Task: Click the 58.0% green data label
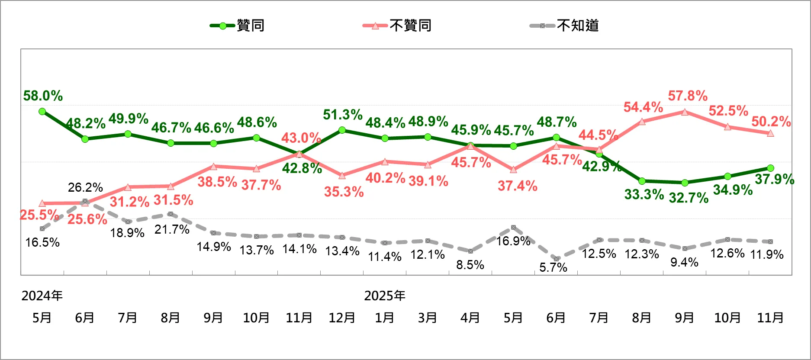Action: coord(43,96)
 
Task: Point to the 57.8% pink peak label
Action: coord(687,96)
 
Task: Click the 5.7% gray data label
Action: coord(553,267)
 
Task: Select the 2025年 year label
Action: coord(384,296)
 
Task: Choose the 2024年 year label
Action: coord(42,296)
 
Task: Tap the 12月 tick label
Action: coord(342,318)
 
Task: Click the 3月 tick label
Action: coord(427,318)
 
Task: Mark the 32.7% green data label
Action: coord(689,198)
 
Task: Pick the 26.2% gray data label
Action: coord(85,187)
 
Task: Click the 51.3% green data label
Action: coord(342,115)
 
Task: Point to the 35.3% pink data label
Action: coord(344,192)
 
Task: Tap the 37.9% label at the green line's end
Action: coord(774,179)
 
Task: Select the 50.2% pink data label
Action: coord(771,122)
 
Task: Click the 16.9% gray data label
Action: coord(513,241)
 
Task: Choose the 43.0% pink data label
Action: coord(301,138)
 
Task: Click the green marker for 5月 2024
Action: coord(42,112)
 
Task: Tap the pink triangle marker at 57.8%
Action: coord(685,112)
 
